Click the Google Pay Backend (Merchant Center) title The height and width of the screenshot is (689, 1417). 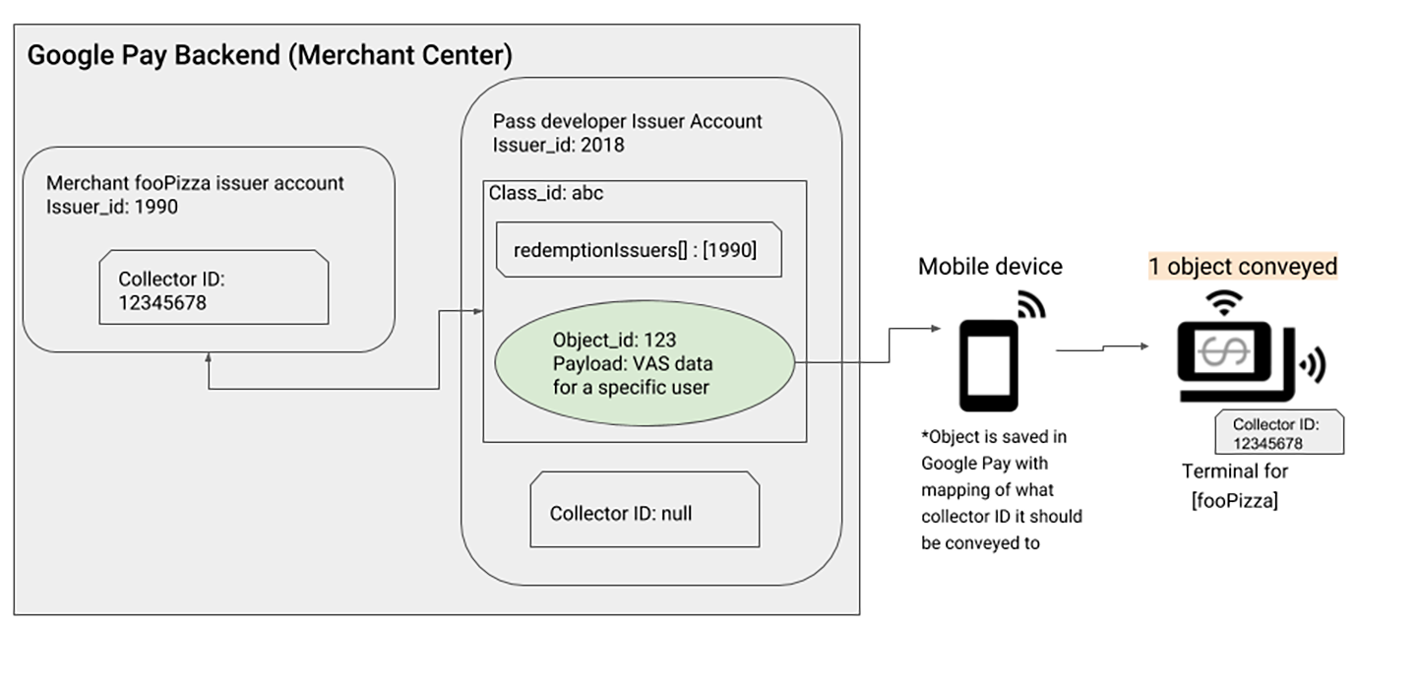(269, 55)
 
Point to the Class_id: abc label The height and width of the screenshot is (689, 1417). (546, 194)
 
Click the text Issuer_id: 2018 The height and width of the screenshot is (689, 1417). (558, 146)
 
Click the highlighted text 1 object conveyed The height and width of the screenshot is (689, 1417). (1242, 267)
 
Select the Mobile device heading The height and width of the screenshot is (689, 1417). (990, 267)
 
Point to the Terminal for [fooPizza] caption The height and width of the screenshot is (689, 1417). (1234, 485)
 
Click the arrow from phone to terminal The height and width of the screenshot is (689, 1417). (1102, 347)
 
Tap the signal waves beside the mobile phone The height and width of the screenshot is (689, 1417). (1030, 306)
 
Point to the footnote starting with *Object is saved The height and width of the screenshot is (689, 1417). (1001, 489)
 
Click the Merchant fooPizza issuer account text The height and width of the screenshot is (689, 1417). (196, 183)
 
